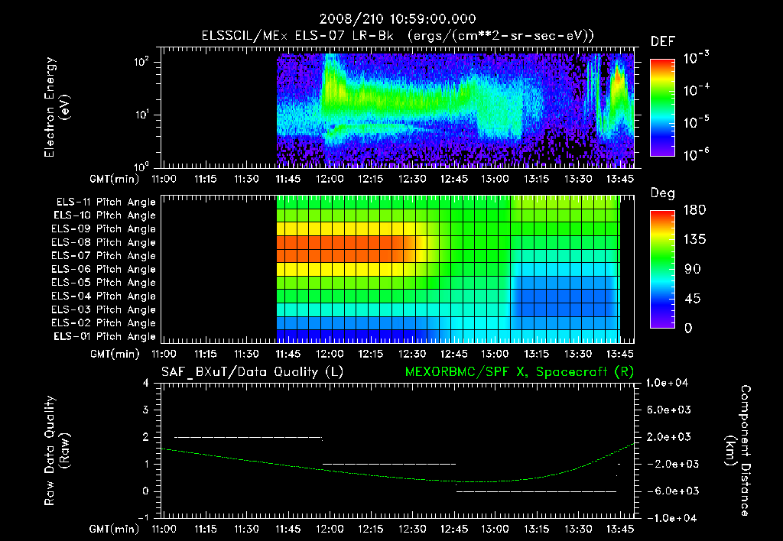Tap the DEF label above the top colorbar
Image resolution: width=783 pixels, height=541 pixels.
[662, 41]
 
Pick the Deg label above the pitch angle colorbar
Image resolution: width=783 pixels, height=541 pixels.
[662, 193]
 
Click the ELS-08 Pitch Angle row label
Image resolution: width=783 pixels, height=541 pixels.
[104, 242]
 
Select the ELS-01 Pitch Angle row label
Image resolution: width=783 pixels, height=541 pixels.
[104, 336]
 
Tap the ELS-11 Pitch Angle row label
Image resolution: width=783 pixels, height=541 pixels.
[104, 202]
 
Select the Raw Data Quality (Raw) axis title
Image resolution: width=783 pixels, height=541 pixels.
[57, 451]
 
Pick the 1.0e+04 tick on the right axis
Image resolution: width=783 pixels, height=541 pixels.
[670, 382]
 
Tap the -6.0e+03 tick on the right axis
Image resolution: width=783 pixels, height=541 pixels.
[670, 491]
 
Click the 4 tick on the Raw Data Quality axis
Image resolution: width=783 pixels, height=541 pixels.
[145, 383]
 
